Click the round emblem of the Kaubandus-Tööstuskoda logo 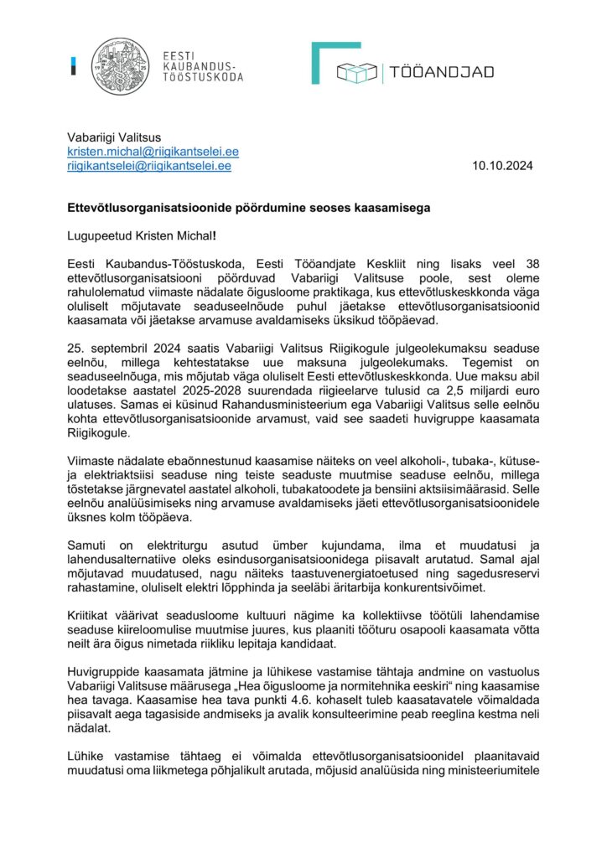[x=120, y=66]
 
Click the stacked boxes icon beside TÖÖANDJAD [x=356, y=73]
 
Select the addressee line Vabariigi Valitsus [x=114, y=138]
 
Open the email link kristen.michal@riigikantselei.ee [x=153, y=152]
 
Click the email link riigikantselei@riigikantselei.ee [x=149, y=166]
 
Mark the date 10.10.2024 [x=502, y=166]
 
